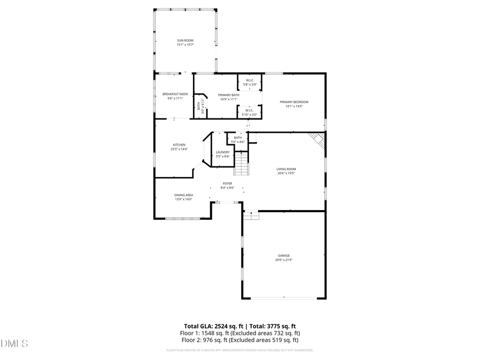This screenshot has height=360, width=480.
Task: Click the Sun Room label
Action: tap(185, 41)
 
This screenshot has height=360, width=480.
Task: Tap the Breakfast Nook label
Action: tap(175, 94)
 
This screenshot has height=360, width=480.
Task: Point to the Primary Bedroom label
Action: tap(294, 102)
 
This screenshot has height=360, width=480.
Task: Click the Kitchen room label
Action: tap(179, 145)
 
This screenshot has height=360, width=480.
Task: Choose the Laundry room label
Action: tap(223, 152)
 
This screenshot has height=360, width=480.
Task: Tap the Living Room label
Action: tap(286, 169)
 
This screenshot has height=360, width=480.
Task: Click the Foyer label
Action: tap(228, 183)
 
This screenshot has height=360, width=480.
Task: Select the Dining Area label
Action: tap(183, 195)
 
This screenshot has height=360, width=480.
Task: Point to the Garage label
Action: tap(284, 255)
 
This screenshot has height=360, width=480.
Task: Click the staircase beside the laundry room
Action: tap(242, 163)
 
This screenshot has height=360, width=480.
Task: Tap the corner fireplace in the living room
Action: tap(318, 140)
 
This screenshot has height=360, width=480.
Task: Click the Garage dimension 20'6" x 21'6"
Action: tap(284, 260)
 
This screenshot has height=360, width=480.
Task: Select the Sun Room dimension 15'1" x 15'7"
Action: tap(185, 45)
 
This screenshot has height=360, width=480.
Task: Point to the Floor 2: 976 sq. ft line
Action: tap(239, 340)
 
